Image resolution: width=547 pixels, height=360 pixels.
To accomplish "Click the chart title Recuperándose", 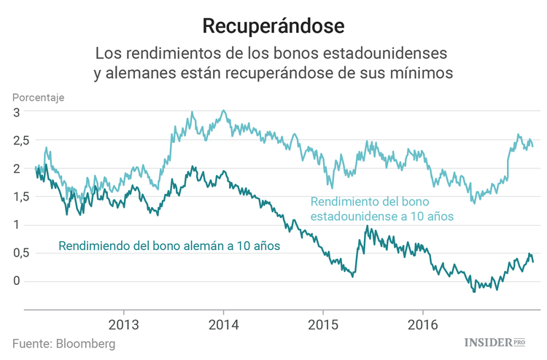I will (x=273, y=26).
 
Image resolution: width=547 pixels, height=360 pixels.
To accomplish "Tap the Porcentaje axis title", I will (x=38, y=97).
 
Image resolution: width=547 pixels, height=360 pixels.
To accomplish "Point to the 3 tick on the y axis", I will (x=15, y=112).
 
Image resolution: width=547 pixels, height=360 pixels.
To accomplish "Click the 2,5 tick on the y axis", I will (x=20, y=141).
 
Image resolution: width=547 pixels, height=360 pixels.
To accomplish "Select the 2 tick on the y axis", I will (x=15, y=168).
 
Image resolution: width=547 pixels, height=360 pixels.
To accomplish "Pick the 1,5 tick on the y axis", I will (x=20, y=197).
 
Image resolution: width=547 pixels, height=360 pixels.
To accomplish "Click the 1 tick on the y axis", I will (x=15, y=225).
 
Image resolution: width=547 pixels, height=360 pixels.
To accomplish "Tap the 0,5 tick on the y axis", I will (x=20, y=253).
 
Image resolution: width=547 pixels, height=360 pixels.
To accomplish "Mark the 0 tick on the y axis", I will (x=15, y=281).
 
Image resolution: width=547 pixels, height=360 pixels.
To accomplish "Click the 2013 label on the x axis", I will (x=123, y=323).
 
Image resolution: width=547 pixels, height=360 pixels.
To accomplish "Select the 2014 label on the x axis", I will (x=223, y=323).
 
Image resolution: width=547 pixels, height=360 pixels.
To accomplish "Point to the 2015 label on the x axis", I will (x=324, y=323).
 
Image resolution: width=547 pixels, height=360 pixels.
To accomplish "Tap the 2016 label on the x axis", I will (x=424, y=323).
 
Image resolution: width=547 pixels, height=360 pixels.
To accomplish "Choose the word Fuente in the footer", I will (x=31, y=343).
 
